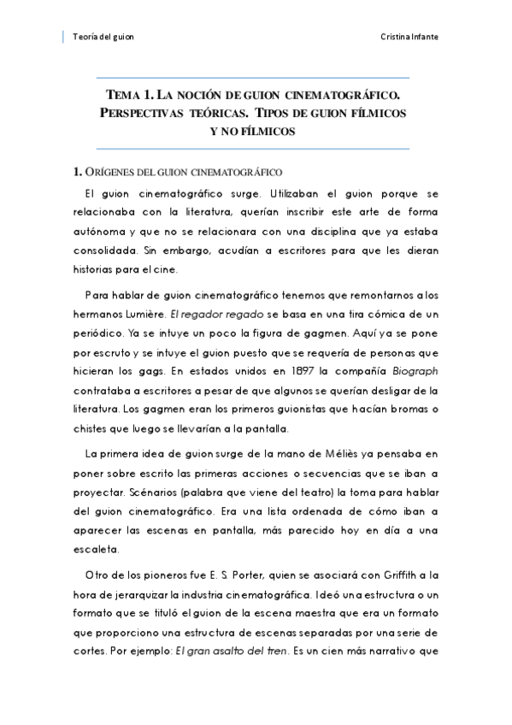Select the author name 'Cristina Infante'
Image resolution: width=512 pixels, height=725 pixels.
(412, 37)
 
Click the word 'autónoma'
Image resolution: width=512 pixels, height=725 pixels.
(103, 232)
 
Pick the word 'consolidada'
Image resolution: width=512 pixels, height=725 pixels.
(107, 251)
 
